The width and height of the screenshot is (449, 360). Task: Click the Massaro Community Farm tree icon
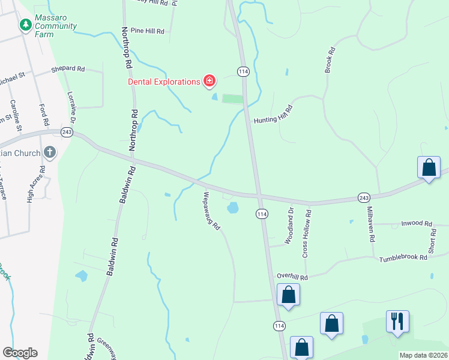25,25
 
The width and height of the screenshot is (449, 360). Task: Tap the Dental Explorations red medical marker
209,81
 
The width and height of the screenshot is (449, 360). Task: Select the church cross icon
49,152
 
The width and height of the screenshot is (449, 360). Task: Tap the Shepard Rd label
68,69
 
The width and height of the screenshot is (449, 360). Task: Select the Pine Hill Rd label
147,31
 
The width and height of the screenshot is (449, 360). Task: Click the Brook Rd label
329,61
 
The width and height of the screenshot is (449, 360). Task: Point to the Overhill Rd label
292,277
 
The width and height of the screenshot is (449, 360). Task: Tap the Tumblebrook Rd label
403,257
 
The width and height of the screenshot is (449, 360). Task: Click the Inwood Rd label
417,223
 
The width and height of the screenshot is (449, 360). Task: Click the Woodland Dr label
290,223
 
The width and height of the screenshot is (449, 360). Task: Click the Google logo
20,353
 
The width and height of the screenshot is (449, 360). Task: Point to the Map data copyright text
423,355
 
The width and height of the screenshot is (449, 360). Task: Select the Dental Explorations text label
163,82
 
